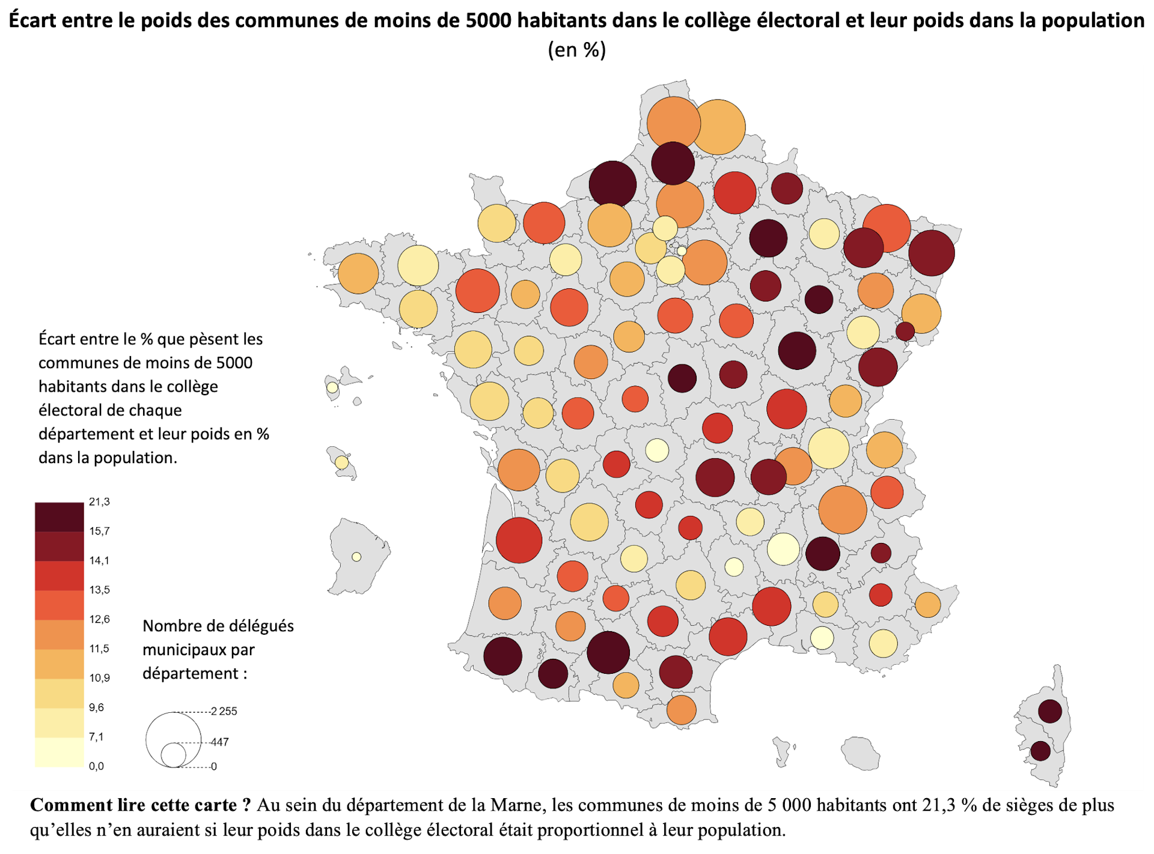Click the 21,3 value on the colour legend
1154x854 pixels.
click(99, 501)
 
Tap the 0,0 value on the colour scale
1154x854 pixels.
click(96, 766)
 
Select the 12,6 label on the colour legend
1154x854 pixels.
click(99, 619)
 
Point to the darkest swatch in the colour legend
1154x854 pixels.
click(59, 516)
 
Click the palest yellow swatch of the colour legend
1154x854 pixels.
click(59, 752)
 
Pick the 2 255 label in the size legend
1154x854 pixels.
click(224, 711)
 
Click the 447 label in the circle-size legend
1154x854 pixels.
click(220, 742)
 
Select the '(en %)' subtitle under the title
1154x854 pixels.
click(576, 49)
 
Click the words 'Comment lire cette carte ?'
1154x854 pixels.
click(140, 805)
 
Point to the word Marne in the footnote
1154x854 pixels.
click(515, 805)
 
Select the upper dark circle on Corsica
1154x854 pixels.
click(1049, 711)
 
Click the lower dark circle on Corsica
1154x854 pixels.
click(1040, 751)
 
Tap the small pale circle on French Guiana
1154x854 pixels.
click(356, 557)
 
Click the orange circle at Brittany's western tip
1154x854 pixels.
click(358, 273)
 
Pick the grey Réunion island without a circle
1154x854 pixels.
click(861, 753)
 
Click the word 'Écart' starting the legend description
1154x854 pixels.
click(57, 339)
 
